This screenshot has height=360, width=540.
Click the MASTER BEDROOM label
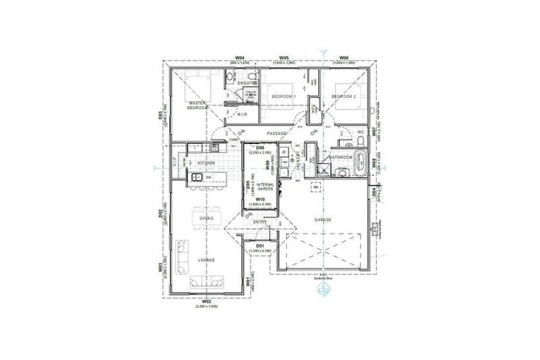(198, 106)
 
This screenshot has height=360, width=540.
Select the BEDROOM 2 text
(345, 96)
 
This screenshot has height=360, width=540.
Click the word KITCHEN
(205, 162)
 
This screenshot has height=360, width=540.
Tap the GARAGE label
(323, 219)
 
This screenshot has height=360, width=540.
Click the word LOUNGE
(206, 260)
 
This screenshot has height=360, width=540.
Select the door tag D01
(259, 245)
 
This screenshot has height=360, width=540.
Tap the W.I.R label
(241, 113)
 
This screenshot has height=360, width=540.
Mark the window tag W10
(259, 200)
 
